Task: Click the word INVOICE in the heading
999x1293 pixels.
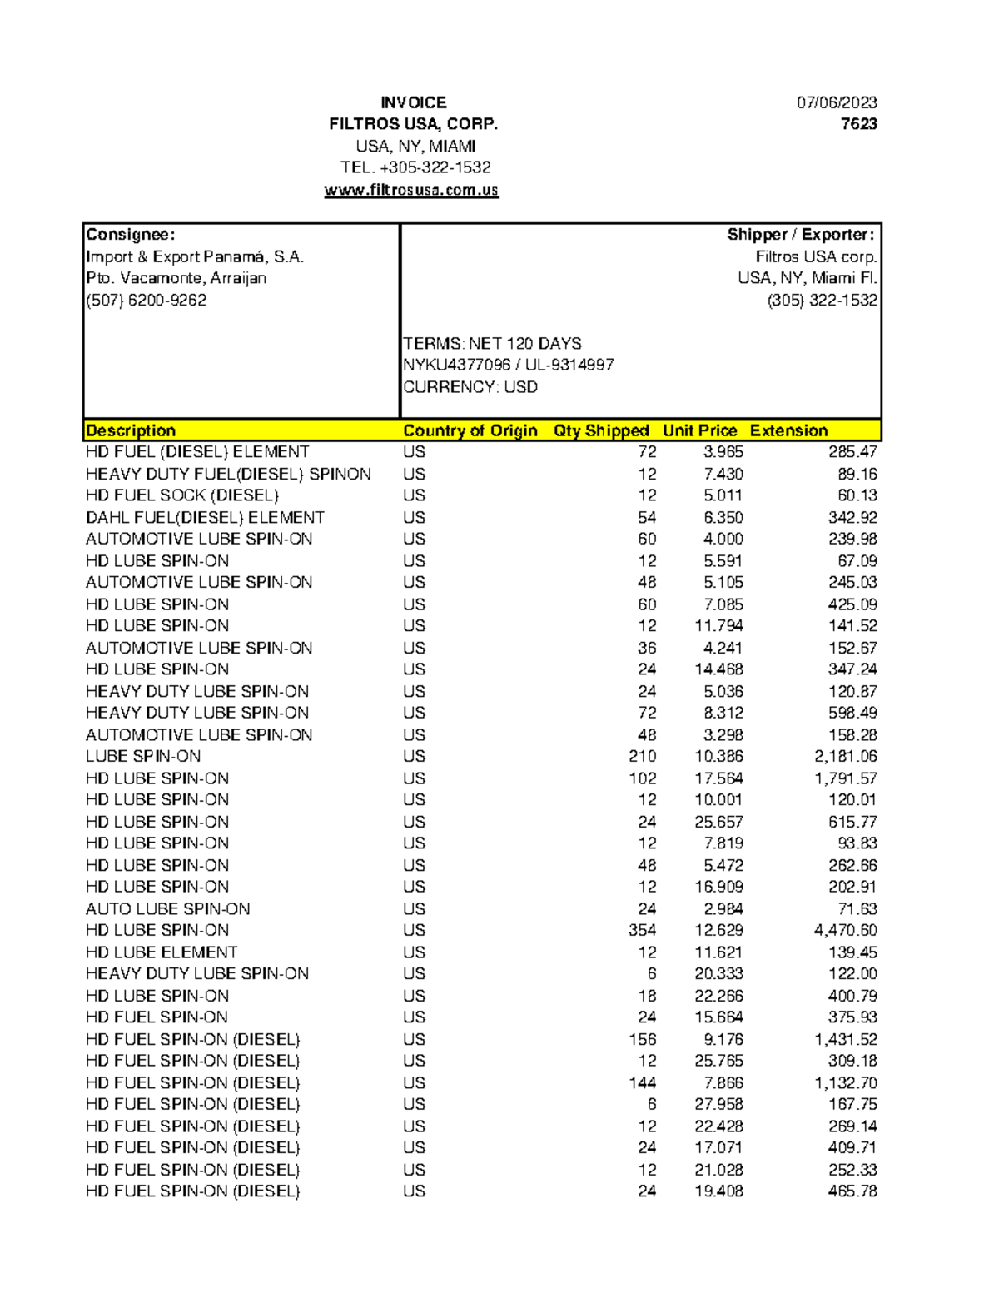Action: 413,102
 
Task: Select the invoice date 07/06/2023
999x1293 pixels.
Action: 836,102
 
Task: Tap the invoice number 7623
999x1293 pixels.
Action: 858,124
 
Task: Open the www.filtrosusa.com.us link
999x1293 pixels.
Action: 411,190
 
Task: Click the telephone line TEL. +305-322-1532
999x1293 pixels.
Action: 415,167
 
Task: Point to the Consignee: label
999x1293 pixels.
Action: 131,235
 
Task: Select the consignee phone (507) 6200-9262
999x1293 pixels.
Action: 146,301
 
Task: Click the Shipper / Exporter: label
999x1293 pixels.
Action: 800,235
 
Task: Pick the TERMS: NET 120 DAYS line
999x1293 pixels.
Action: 492,344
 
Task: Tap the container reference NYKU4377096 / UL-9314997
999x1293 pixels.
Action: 508,365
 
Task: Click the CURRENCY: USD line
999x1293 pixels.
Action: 470,387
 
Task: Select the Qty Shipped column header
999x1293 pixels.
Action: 600,430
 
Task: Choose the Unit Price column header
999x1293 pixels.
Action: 699,430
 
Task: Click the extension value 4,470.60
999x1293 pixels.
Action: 845,930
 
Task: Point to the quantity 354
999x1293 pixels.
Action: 642,930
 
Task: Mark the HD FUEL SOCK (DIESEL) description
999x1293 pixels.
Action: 182,495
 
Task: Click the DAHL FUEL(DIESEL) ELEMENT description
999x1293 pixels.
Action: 205,517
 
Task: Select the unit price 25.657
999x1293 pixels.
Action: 718,822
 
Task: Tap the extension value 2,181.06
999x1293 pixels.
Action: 845,756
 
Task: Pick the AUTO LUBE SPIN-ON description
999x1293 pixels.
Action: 167,908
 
